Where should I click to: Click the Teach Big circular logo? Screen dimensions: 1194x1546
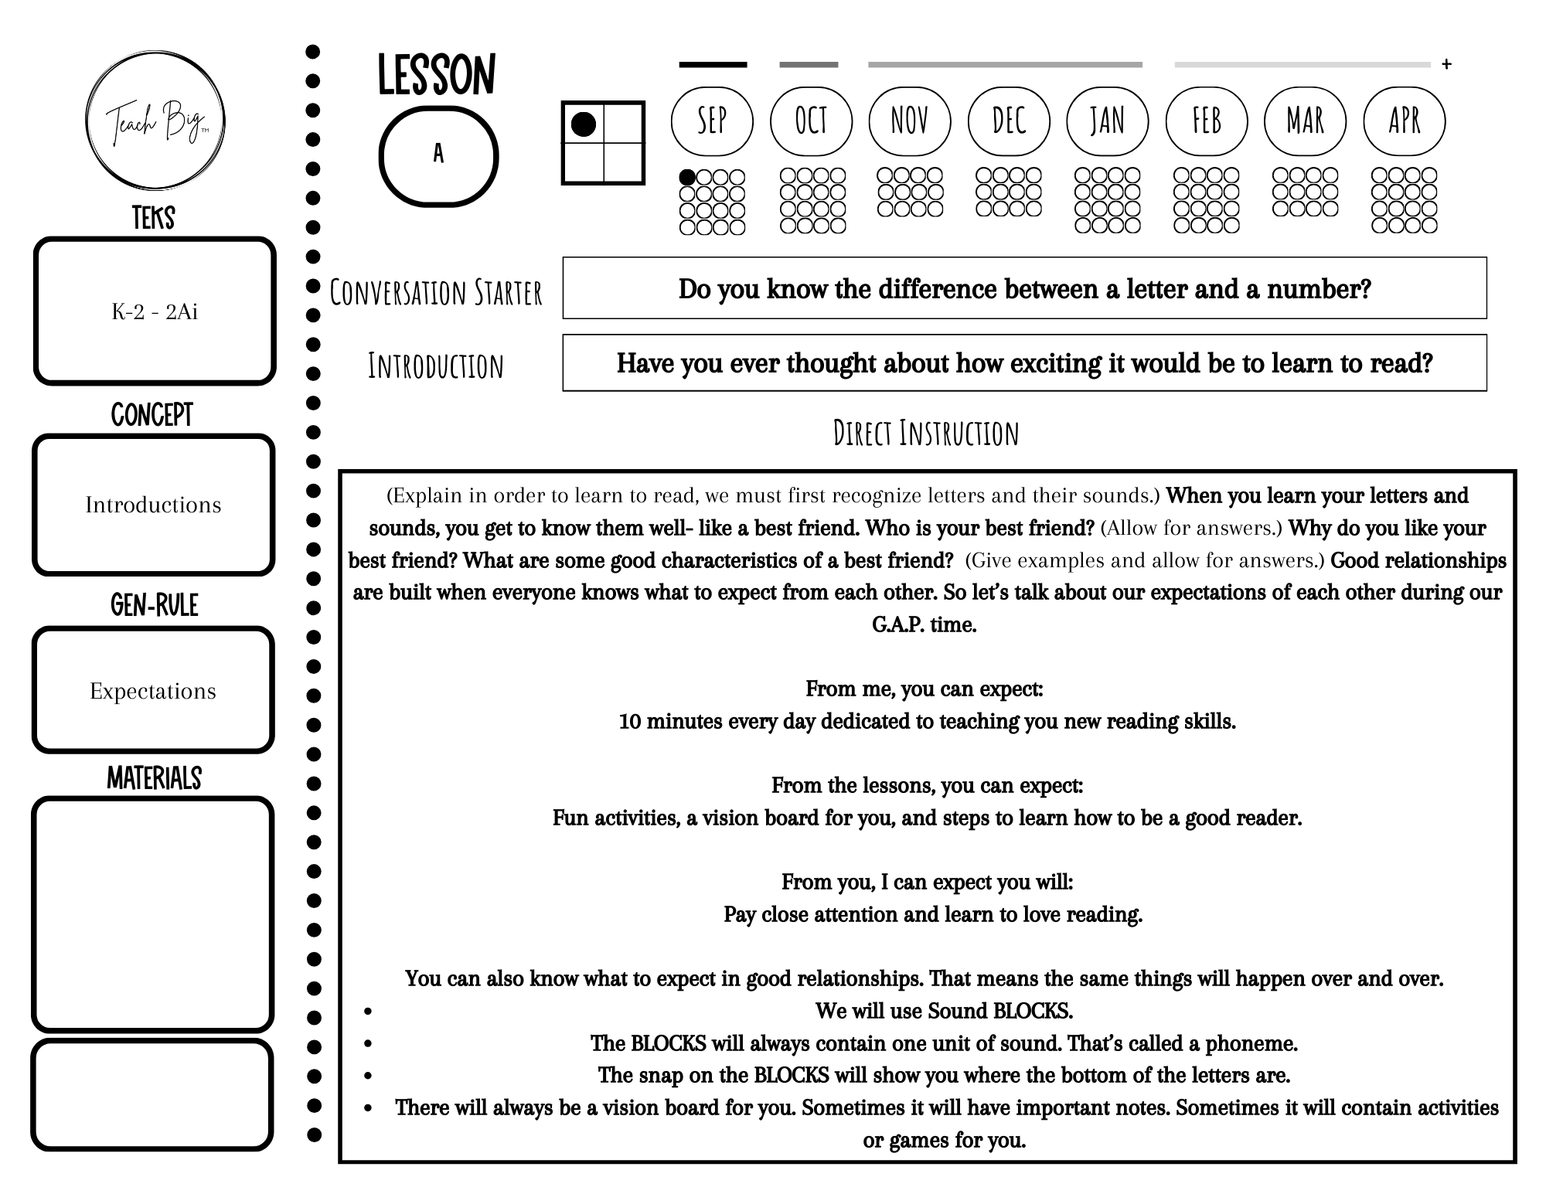click(155, 120)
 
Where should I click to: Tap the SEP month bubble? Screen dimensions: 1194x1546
click(712, 121)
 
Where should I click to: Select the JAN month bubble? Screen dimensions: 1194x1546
click(1107, 121)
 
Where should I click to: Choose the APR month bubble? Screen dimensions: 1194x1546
click(1404, 121)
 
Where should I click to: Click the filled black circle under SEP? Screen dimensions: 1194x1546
click(686, 178)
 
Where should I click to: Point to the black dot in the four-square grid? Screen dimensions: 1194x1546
click(583, 124)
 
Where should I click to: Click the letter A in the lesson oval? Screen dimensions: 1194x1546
click(438, 155)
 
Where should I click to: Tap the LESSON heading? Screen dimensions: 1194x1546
click(437, 77)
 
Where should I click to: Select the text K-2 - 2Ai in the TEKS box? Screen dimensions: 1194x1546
click(155, 311)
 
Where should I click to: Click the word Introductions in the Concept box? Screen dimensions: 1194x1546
click(153, 505)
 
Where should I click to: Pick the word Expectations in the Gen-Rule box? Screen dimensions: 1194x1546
click(153, 691)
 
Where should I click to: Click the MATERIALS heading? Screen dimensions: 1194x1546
click(154, 778)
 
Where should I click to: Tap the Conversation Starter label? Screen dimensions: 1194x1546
click(436, 293)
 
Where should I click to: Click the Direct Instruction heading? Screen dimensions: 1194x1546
click(926, 434)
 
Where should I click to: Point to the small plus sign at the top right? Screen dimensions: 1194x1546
click(1446, 65)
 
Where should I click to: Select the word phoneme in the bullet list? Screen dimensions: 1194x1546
click(1251, 1043)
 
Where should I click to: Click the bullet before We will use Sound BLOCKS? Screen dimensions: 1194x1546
click(368, 1012)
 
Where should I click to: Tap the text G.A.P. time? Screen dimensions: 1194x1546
click(924, 624)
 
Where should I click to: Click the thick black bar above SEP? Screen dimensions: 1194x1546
click(713, 65)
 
